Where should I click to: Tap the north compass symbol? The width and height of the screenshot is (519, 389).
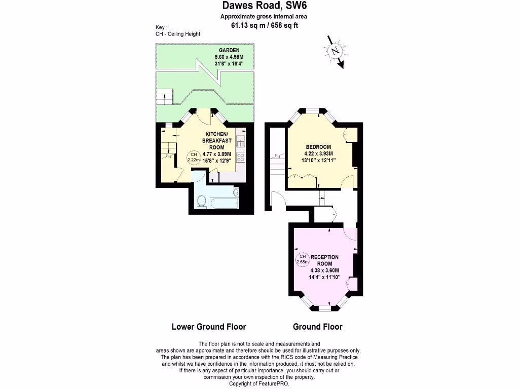pos(335,51)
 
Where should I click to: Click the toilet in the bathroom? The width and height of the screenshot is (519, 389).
pos(202,202)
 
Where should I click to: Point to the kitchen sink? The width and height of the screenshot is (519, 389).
pos(240,141)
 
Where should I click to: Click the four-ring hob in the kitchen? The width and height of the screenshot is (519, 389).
pos(240,158)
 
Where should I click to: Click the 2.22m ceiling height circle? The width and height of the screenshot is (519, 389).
pos(193,157)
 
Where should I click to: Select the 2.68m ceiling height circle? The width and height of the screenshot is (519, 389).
pos(303,259)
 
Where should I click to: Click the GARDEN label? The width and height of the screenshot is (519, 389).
pos(229,51)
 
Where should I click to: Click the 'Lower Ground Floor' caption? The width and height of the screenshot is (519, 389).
pos(209,327)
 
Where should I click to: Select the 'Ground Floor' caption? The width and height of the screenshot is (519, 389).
pos(317,327)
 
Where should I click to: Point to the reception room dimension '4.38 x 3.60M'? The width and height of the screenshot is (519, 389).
pos(324,270)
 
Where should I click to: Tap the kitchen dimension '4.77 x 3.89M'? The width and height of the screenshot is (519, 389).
pos(216,154)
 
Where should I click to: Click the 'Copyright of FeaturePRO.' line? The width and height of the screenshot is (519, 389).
pos(259,384)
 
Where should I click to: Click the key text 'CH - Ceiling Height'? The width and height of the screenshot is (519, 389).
pos(178,34)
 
